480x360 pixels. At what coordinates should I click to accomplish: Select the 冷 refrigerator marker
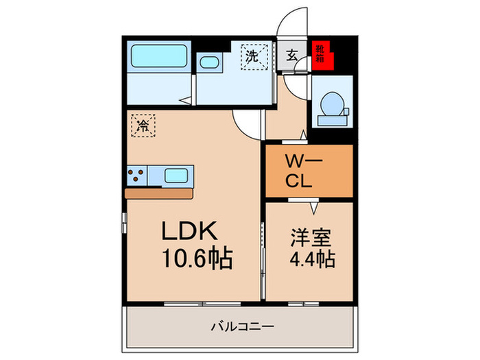pos(143,125)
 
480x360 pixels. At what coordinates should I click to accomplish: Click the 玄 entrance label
pos(291,56)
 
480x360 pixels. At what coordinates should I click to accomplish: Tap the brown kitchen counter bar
pos(159,193)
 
